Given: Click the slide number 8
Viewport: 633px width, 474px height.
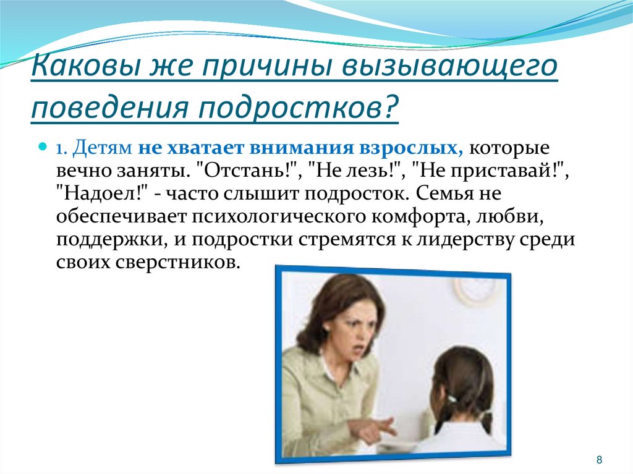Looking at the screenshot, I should pyautogui.click(x=599, y=460).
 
